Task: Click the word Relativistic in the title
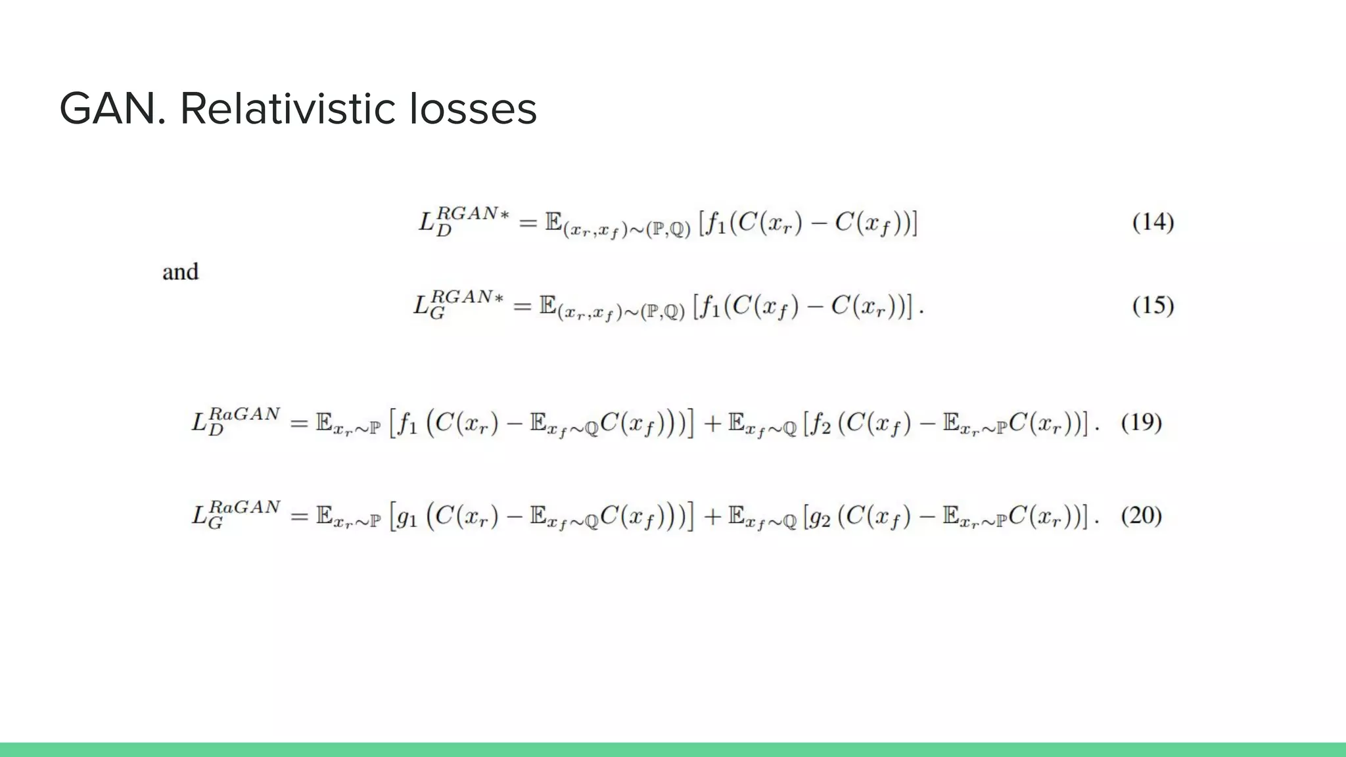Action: point(287,109)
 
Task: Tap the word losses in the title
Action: point(473,109)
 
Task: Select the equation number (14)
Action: point(1153,222)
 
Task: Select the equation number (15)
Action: point(1153,306)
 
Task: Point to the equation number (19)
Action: point(1142,422)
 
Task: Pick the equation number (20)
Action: point(1142,516)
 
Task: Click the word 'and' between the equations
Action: point(180,272)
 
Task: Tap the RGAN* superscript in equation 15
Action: point(467,297)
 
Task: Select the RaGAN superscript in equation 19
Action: point(245,414)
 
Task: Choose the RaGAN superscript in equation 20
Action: point(245,507)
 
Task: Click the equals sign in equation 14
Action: point(528,223)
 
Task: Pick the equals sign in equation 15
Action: point(522,307)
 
